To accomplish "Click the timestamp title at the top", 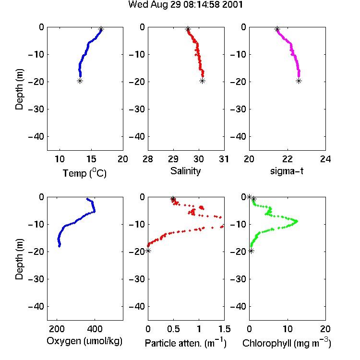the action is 185,4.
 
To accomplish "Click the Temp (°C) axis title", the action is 84,173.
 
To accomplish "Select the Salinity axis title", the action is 185,171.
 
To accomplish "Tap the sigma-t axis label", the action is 287,171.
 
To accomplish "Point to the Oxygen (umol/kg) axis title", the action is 84,341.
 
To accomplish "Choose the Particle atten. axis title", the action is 186,343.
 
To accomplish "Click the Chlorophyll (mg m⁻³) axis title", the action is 287,343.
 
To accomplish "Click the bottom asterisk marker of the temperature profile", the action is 80,81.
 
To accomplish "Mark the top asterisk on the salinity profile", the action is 188,29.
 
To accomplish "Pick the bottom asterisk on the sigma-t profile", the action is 299,81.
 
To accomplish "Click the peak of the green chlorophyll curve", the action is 297,221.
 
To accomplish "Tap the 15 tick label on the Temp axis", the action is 91,159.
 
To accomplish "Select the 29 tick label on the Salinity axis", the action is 173,159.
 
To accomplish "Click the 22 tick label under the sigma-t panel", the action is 287,159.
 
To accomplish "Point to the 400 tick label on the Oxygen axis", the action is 95,329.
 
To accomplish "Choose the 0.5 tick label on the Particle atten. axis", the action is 173,329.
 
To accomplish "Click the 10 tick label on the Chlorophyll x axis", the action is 287,329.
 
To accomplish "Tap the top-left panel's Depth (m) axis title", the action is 19,89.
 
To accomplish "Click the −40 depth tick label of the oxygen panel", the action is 36,306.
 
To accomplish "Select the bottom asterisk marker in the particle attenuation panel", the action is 148,251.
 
